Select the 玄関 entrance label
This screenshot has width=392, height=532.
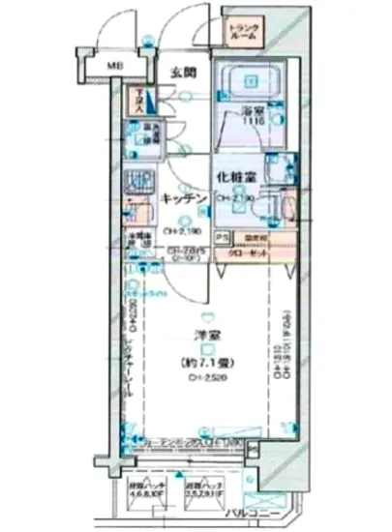pyautogui.click(x=184, y=73)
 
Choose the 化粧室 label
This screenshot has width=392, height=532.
pyautogui.click(x=234, y=180)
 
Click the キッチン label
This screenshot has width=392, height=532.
pyautogui.click(x=182, y=198)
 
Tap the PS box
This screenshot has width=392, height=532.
pyautogui.click(x=222, y=237)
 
